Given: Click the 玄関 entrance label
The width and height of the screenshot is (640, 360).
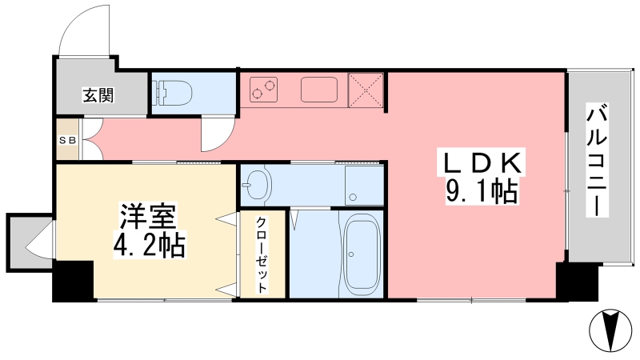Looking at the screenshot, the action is pyautogui.click(x=98, y=94).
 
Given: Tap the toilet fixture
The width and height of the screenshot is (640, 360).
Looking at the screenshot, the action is pyautogui.click(x=172, y=93).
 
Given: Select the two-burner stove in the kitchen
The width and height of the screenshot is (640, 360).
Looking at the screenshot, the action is pyautogui.click(x=263, y=90).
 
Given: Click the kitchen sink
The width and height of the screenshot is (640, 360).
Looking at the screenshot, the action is pyautogui.click(x=319, y=90).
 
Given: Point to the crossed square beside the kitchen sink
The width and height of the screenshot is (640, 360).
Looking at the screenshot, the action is pyautogui.click(x=366, y=90).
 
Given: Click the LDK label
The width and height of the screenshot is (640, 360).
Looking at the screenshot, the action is pyautogui.click(x=482, y=163).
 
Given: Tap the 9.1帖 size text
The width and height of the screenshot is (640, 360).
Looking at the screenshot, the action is pyautogui.click(x=482, y=190).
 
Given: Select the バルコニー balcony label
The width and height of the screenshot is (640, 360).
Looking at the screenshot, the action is pyautogui.click(x=597, y=159).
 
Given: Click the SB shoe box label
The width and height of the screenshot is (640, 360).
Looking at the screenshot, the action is pyautogui.click(x=68, y=141).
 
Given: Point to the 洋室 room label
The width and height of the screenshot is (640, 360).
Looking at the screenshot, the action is pyautogui.click(x=148, y=216).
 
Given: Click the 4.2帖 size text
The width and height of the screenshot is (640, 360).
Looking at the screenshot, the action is pyautogui.click(x=149, y=245).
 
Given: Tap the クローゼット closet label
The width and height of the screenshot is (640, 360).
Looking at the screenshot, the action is pyautogui.click(x=262, y=255).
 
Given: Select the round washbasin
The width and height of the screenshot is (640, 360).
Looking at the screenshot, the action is pyautogui.click(x=256, y=184).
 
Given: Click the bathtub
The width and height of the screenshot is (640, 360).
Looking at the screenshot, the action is pyautogui.click(x=362, y=255).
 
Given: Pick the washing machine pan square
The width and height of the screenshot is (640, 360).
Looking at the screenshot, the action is pyautogui.click(x=364, y=185).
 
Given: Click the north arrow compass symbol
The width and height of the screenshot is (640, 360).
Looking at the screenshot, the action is pyautogui.click(x=610, y=330).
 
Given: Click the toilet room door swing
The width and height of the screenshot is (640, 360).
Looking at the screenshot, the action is pyautogui.click(x=218, y=134).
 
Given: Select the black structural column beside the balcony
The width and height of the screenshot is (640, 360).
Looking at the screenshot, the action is pyautogui.click(x=577, y=282).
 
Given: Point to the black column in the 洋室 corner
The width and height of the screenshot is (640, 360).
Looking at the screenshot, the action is pyautogui.click(x=74, y=281).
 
